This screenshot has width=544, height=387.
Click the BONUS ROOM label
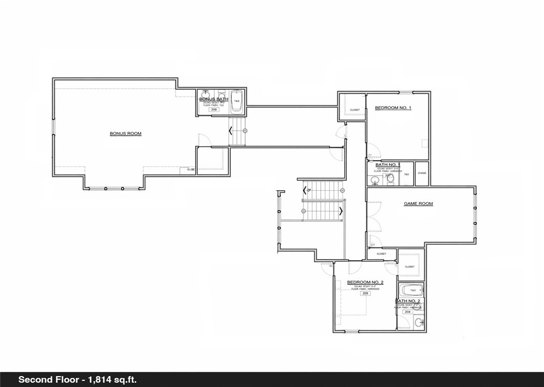tap(125, 134)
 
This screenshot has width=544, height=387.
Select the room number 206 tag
tap(213, 110)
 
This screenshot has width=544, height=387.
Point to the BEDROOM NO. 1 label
tap(393, 108)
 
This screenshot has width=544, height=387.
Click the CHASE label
tap(422, 173)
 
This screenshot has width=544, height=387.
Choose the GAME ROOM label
tap(418, 204)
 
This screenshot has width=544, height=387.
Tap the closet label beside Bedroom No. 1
tap(355, 110)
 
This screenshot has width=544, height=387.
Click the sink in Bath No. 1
tap(374, 180)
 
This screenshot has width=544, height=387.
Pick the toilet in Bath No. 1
tap(390, 179)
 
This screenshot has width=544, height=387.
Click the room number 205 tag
tap(365, 293)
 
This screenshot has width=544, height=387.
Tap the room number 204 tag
tap(407, 312)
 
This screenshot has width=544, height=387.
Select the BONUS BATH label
tap(214, 98)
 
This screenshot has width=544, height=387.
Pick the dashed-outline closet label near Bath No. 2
tap(409, 267)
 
